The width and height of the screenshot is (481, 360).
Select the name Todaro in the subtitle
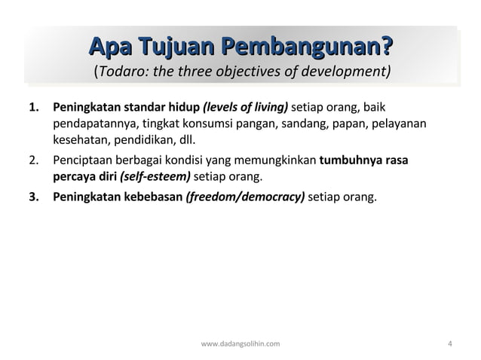click(120, 72)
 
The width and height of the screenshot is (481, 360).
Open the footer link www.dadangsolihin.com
click(240, 344)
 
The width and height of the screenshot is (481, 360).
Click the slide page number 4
click(450, 344)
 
